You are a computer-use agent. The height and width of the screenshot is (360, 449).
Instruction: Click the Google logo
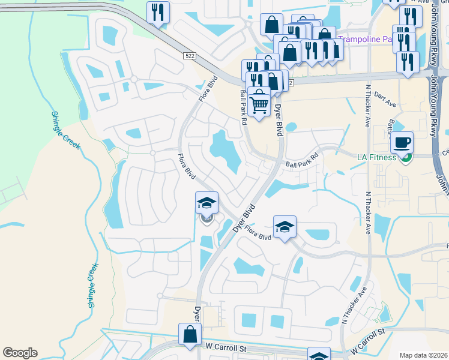[x=20, y=353]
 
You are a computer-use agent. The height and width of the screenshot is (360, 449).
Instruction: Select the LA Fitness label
[x=377, y=157]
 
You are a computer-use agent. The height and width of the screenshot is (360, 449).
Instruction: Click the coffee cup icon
[x=402, y=143]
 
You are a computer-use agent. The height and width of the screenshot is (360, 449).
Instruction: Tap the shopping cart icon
[x=259, y=103]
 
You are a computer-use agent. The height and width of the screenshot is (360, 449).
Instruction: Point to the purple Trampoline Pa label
[x=365, y=40]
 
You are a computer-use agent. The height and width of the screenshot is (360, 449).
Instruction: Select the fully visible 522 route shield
[x=190, y=55]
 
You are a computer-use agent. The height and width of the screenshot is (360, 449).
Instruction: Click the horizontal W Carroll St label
[x=226, y=347]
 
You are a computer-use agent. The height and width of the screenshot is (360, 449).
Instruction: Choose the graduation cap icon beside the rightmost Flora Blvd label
[x=285, y=226]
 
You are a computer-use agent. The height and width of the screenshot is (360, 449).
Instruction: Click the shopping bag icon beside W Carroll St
[x=190, y=334]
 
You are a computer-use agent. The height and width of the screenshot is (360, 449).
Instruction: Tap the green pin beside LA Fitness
[x=406, y=158]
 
